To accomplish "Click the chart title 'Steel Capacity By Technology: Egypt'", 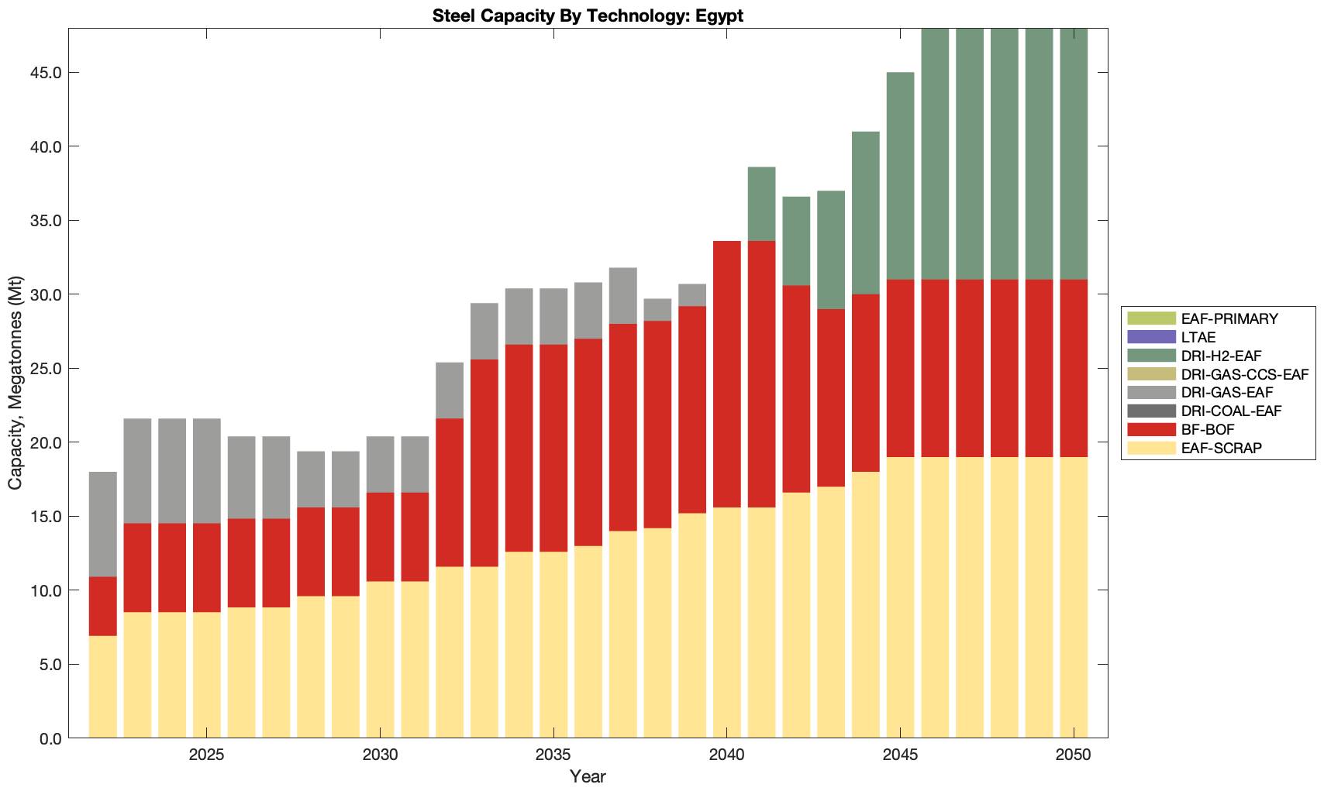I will point(588,15).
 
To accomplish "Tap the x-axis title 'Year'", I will point(588,776).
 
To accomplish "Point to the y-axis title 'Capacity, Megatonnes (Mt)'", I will point(16,383).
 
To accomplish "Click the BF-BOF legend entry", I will point(1208,429).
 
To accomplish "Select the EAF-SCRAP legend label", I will point(1221,448).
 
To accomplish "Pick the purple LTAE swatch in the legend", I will point(1152,337).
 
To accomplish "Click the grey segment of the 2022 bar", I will point(103,524).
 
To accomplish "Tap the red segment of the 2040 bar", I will point(727,374).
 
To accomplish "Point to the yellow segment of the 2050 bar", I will point(1074,597).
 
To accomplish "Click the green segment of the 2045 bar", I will point(900,176).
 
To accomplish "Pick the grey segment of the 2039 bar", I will point(692,295).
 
